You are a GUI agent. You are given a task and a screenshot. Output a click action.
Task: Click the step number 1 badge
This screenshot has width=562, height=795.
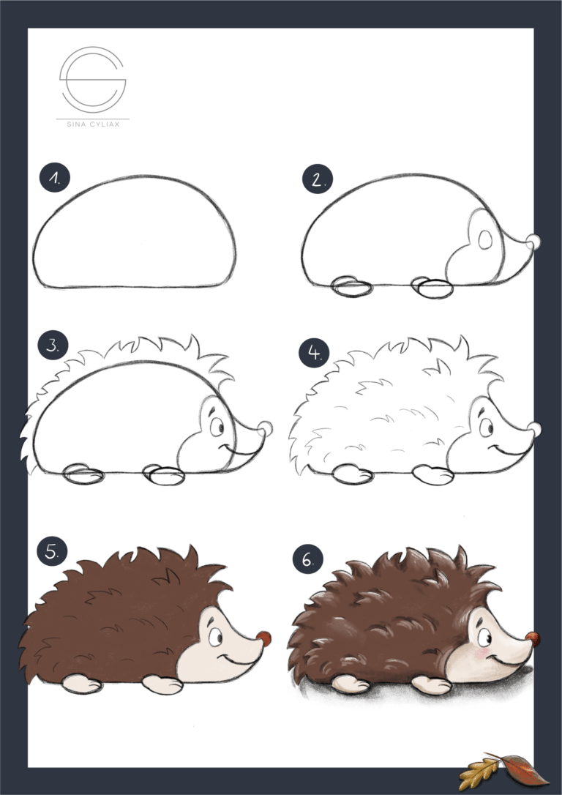pos(53,179)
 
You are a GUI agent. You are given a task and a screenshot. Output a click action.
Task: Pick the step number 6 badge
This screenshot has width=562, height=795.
pos(308,560)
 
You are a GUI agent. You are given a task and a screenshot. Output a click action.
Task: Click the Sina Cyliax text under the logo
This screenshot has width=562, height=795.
pos(92,124)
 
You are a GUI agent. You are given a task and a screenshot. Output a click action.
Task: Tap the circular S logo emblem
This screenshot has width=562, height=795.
pos(93,78)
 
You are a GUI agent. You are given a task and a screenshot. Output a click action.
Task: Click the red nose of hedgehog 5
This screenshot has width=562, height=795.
pos(263,637)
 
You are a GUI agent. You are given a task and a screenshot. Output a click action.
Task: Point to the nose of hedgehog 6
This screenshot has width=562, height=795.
pos(533,638)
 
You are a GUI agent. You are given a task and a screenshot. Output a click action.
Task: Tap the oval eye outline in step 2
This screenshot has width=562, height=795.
pos(484,239)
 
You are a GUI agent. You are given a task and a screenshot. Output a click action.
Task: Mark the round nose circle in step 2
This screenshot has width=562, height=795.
pos(534,242)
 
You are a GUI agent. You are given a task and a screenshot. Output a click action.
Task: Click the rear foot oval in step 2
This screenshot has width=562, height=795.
pos(351,286)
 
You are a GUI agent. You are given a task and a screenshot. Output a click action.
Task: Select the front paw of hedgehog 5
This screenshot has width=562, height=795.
pos(162,684)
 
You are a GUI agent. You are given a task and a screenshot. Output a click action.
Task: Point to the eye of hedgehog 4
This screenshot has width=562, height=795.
pos(484,426)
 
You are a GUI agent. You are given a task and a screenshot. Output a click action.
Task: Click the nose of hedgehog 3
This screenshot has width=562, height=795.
pos(264,429)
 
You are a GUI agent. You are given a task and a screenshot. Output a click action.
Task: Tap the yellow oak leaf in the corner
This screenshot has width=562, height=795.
pos(479,774)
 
